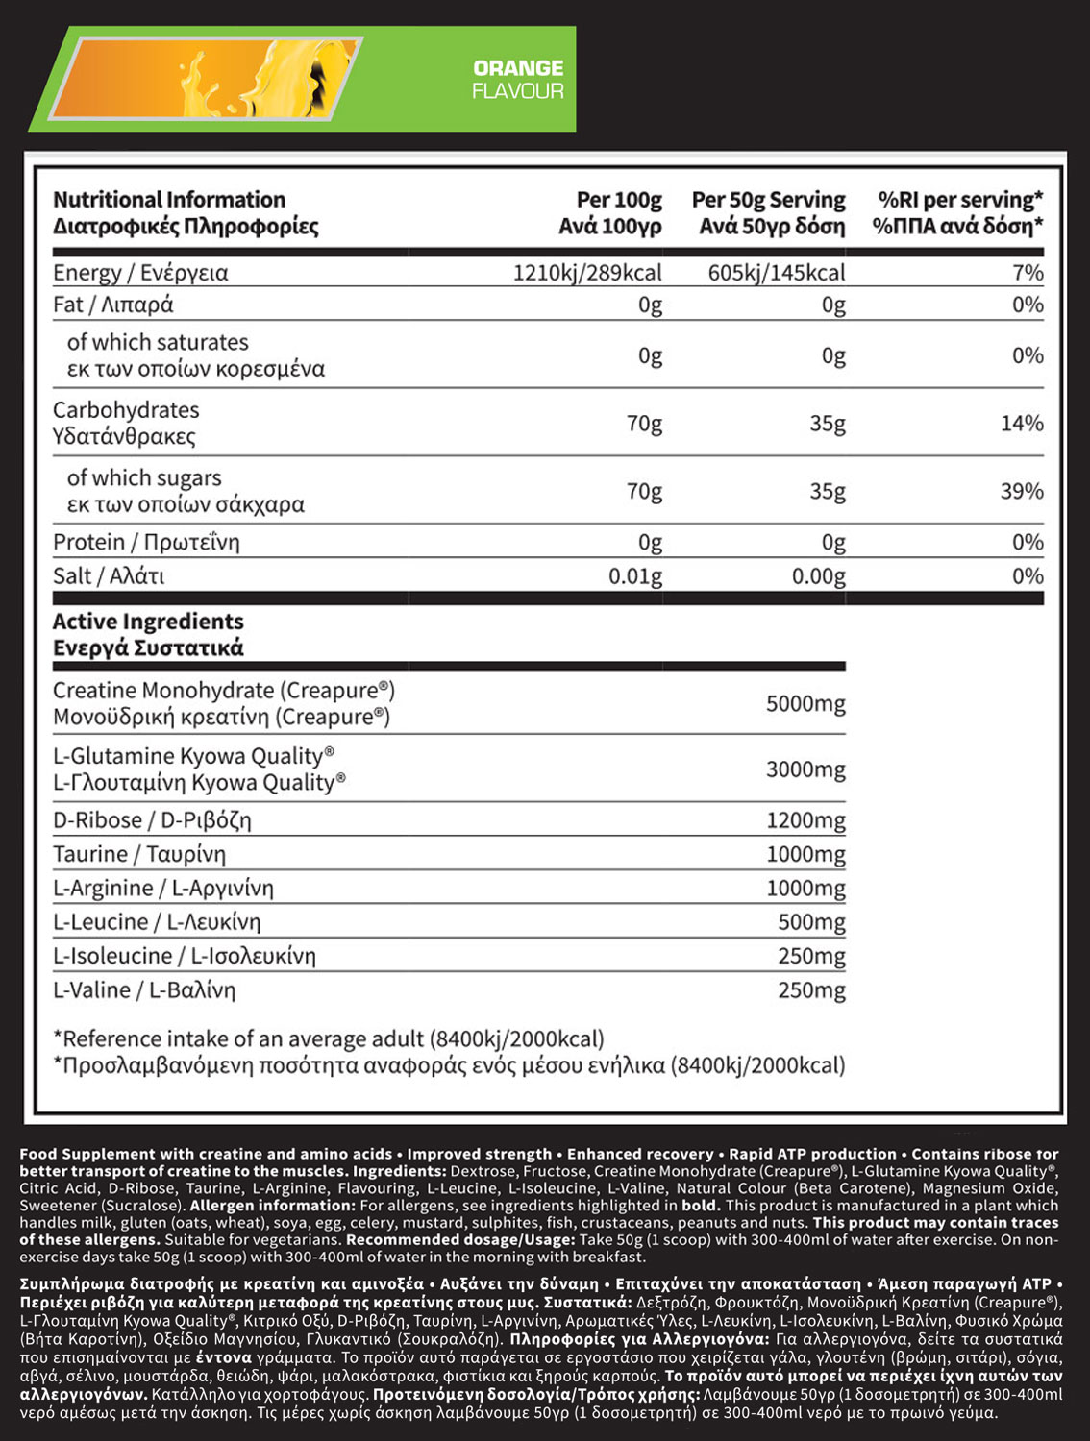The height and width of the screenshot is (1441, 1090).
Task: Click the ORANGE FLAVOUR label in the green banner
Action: (x=517, y=80)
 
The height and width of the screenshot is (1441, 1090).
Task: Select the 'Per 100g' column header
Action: (x=611, y=212)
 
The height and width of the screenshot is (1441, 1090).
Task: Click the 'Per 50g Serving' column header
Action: (x=769, y=212)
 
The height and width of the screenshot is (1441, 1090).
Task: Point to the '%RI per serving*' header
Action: (x=958, y=212)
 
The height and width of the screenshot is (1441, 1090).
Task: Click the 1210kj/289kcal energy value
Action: (x=587, y=273)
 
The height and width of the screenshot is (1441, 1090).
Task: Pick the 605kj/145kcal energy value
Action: (x=777, y=273)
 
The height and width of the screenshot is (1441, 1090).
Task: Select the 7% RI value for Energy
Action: (x=1028, y=273)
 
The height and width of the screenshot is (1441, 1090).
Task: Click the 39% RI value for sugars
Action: (x=1022, y=491)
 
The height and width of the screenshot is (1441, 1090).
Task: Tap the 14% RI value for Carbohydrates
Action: (x=1022, y=423)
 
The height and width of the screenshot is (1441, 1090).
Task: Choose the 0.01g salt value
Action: (x=635, y=576)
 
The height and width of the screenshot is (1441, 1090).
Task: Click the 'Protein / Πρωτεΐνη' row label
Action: (x=146, y=543)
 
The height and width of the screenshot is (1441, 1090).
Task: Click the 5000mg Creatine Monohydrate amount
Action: (x=805, y=704)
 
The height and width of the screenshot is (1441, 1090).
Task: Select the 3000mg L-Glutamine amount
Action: (x=805, y=769)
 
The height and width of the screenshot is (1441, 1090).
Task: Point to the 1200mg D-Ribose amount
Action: (x=805, y=820)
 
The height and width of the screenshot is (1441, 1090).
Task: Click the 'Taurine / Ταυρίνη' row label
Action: (x=139, y=854)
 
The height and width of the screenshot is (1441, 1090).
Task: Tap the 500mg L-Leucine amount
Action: (x=811, y=922)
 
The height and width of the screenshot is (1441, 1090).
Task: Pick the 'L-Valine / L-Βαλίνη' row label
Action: (x=144, y=990)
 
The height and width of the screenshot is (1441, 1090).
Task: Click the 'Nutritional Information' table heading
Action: (x=169, y=200)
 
